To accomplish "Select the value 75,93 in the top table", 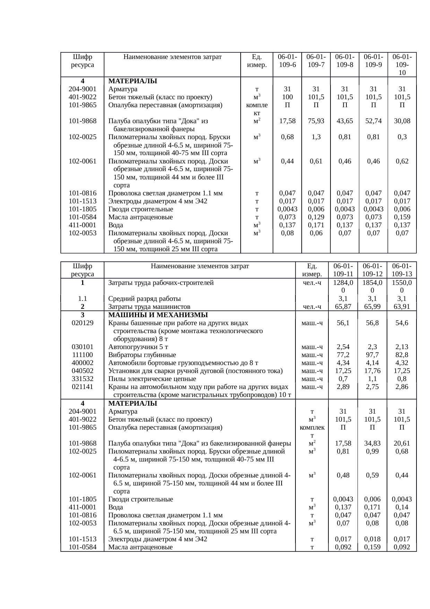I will (x=316, y=121).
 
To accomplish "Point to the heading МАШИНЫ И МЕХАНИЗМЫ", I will (x=158, y=315).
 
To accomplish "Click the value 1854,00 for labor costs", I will (x=372, y=287).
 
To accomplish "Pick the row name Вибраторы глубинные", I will (x=142, y=355).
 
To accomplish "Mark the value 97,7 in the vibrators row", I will (x=372, y=355).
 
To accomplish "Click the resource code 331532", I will (x=83, y=379).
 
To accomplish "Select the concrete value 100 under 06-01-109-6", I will (x=287, y=97).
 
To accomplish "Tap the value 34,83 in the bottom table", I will (x=372, y=443).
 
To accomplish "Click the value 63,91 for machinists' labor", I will (x=402, y=307).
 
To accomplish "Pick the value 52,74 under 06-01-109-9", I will (x=373, y=121).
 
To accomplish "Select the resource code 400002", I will (x=83, y=363).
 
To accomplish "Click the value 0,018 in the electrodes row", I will (x=372, y=540).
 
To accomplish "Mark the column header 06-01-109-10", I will (x=402, y=65).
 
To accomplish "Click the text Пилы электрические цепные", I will (x=152, y=379).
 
